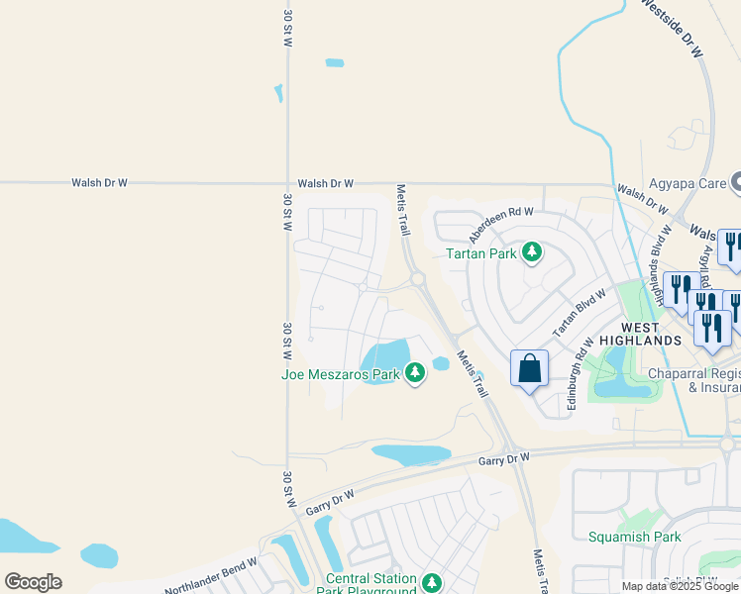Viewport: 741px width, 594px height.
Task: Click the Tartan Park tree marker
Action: point(533,253)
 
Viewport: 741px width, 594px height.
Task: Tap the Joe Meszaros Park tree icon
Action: point(415,373)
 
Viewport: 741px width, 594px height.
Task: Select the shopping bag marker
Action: point(530,368)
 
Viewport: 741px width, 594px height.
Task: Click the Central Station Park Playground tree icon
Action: point(431,583)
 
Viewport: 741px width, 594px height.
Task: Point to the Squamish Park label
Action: point(634,537)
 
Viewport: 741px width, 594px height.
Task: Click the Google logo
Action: point(33,582)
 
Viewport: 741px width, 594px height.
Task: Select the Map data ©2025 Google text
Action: point(680,586)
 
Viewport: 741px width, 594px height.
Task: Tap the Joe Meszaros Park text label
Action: point(340,374)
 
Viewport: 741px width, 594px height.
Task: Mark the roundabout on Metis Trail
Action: point(418,280)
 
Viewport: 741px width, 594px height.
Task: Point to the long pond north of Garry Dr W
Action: point(411,454)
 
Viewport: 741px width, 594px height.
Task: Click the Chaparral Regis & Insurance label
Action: point(694,380)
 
